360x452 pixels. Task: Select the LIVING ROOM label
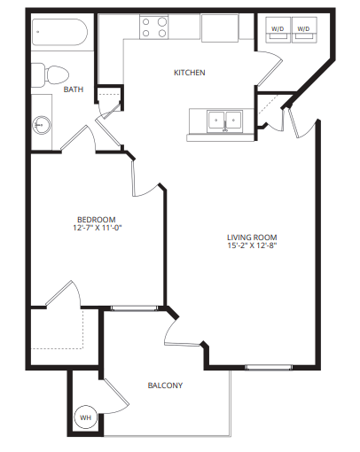click(x=252, y=237)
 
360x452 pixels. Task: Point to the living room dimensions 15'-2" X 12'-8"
click(x=252, y=247)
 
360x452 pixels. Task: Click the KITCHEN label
click(x=190, y=73)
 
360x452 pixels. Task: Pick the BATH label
click(x=74, y=89)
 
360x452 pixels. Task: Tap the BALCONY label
click(x=165, y=386)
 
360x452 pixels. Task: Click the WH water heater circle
click(x=86, y=417)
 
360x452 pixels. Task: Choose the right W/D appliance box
click(x=304, y=29)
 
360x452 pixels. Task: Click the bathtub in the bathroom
click(x=59, y=36)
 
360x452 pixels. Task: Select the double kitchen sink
click(x=223, y=121)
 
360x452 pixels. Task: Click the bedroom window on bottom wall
click(x=130, y=308)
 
